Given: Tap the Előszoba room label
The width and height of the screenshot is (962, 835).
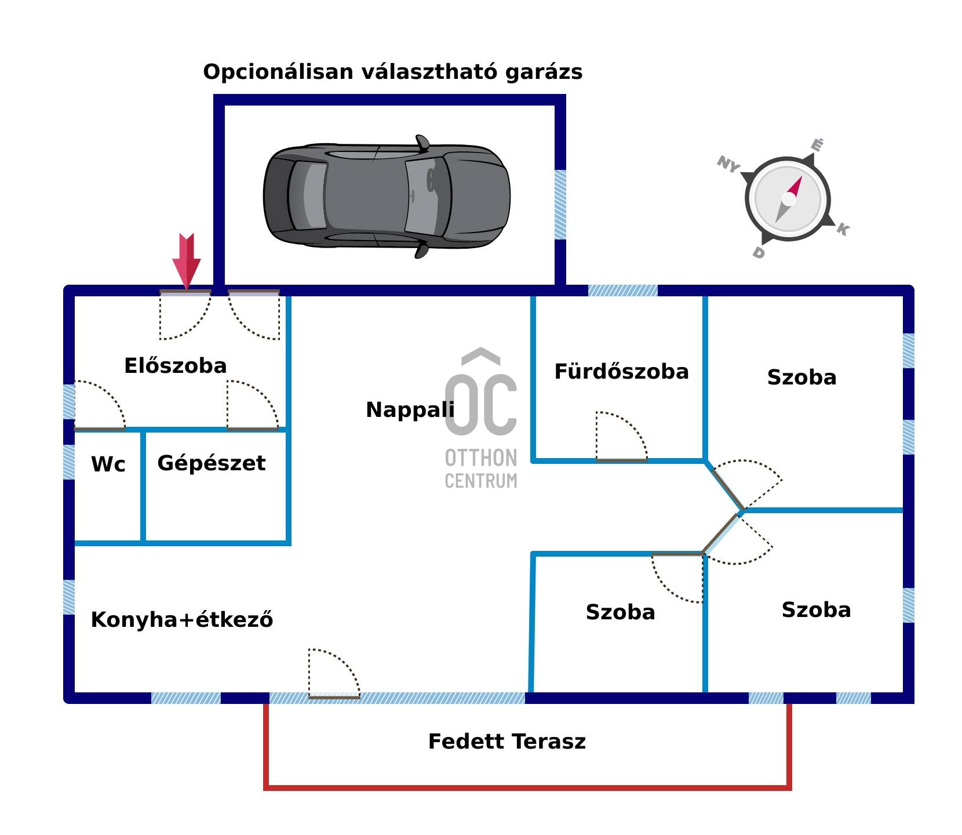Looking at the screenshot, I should [x=175, y=366].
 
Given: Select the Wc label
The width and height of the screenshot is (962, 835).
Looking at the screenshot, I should [x=108, y=464].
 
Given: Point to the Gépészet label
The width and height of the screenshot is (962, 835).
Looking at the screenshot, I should [x=211, y=463].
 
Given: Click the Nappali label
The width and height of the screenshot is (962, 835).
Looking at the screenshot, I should [x=410, y=410].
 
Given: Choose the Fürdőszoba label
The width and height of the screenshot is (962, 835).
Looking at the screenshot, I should [x=621, y=372].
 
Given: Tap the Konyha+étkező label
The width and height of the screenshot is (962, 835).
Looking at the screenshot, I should [x=182, y=620].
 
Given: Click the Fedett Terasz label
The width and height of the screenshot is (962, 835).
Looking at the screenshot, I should [x=506, y=742].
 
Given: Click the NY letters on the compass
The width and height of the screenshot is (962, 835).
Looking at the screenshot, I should [x=728, y=164].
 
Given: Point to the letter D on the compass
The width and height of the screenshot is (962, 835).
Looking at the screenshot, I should [x=759, y=253].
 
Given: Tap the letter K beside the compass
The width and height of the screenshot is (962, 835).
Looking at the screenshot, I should [x=843, y=230].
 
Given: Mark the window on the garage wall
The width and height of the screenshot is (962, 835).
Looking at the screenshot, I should [x=560, y=204].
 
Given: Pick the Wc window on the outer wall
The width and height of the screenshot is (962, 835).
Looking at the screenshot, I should [x=68, y=462].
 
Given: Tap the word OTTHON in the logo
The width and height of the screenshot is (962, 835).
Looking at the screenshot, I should [x=480, y=458].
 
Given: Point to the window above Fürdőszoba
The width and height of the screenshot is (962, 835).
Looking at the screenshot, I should [x=622, y=290].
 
